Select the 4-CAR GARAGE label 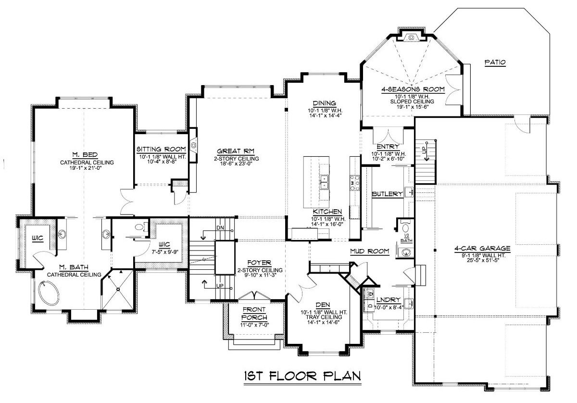pyautogui.click(x=482, y=248)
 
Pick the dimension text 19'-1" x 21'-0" pyautogui.click(x=87, y=169)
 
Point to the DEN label pyautogui.click(x=322, y=304)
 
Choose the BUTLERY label pyautogui.click(x=386, y=194)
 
